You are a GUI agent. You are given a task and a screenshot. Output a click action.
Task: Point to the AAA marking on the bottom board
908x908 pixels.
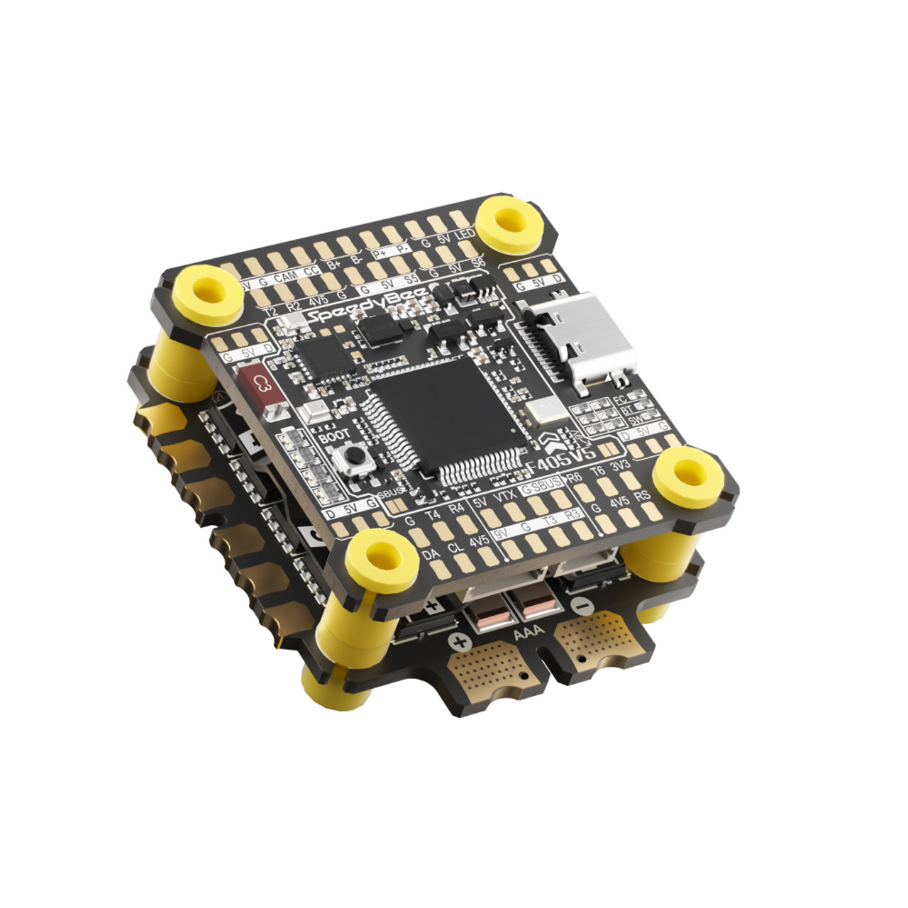click(x=526, y=632)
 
